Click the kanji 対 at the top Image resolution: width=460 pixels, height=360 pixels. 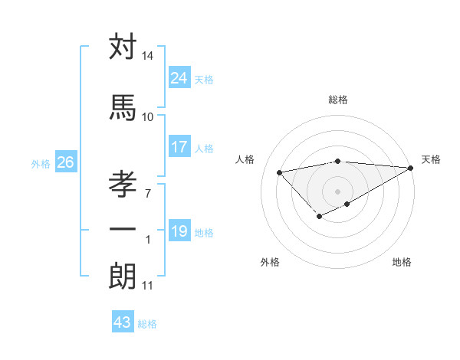123,47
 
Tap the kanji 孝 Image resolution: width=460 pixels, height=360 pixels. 123,185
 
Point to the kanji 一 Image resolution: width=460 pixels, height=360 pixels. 123,229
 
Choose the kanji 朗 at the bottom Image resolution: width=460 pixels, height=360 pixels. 123,277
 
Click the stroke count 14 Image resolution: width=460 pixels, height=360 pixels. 148,56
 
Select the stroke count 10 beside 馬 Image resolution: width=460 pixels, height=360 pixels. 148,116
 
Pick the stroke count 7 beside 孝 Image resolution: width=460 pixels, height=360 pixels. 147,193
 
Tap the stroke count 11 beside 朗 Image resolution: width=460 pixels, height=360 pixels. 147,286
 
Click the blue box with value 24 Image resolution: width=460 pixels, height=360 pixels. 179,77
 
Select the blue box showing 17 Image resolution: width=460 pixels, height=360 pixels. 179,146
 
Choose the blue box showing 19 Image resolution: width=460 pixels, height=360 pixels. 179,231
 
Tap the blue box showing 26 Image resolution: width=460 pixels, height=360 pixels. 65,162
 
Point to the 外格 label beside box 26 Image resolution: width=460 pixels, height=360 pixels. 40,163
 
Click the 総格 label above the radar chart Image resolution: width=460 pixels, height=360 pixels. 338,100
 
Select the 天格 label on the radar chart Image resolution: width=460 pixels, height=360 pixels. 431,159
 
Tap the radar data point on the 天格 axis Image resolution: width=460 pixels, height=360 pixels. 412,168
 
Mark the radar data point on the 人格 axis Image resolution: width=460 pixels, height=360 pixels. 279,172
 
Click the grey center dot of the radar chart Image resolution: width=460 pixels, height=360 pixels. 337,191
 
